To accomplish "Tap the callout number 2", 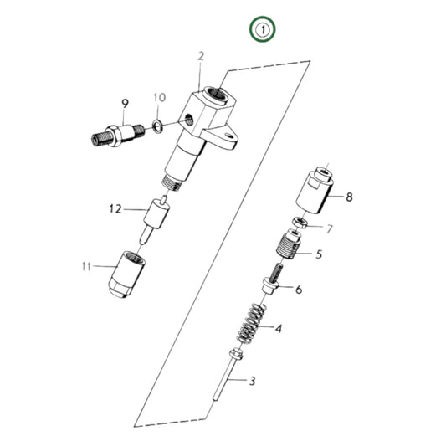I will click(201, 56).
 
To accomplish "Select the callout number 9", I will click(125, 103).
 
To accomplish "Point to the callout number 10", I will click(159, 100).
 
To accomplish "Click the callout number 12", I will click(115, 208).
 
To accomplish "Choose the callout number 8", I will click(349, 197).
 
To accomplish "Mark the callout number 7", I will click(329, 228).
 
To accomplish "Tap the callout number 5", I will click(318, 254).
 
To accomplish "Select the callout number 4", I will click(279, 328).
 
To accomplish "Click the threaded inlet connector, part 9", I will click(115, 133).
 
